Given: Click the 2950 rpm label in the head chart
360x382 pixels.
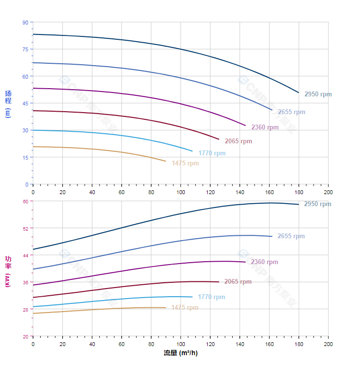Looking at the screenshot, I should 318,94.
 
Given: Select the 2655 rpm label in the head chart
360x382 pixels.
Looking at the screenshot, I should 291,112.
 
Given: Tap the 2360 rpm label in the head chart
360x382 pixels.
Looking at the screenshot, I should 265,127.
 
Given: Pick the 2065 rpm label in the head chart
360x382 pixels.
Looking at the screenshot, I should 238,141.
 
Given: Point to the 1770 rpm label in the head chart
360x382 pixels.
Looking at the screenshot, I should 212,153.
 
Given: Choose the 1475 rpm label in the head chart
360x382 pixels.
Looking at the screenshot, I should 185,163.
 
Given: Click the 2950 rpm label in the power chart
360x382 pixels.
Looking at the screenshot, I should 317,204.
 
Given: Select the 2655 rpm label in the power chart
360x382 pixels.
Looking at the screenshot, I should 291,236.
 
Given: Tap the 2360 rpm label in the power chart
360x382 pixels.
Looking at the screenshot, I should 264,262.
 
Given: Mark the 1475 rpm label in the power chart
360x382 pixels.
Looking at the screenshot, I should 185,308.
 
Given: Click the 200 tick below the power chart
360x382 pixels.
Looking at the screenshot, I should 328,344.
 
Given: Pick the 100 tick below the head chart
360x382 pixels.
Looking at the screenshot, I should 180,192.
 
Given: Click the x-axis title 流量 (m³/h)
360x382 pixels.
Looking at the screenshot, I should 180,353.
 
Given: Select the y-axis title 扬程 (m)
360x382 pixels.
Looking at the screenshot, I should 8,103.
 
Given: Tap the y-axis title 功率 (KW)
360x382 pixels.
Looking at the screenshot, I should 8,271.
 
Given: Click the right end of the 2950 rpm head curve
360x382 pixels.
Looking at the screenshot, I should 298,93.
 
